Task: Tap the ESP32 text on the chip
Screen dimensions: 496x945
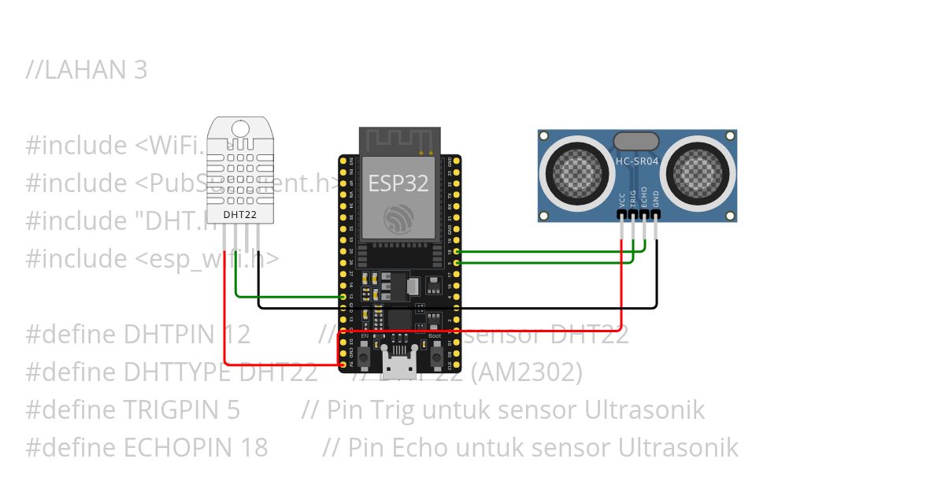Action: tap(398, 183)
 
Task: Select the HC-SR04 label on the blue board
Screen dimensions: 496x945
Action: tap(636, 160)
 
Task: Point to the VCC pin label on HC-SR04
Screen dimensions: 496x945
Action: tap(622, 199)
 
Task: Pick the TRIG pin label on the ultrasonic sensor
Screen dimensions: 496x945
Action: tap(633, 198)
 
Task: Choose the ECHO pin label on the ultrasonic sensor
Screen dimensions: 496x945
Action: tap(644, 197)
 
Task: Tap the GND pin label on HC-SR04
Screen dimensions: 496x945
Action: tap(656, 199)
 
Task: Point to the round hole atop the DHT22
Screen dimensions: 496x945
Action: tap(240, 128)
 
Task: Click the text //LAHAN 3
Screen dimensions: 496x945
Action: tap(87, 70)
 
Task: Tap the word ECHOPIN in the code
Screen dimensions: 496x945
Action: tap(174, 448)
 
